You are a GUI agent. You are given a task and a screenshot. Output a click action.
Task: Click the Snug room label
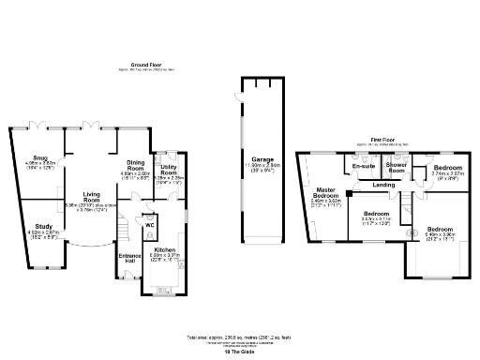click(39, 157)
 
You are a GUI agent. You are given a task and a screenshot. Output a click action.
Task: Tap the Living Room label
click(92, 194)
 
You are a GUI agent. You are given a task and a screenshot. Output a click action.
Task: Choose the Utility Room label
click(169, 169)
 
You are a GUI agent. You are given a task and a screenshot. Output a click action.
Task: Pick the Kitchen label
click(164, 250)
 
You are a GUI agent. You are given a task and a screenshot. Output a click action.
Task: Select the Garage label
click(249, 160)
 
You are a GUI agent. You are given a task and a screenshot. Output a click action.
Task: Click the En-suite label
click(362, 166)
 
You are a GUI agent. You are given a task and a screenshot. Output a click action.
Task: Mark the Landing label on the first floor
click(382, 185)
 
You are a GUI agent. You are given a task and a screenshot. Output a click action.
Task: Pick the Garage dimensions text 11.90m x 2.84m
click(249, 167)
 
